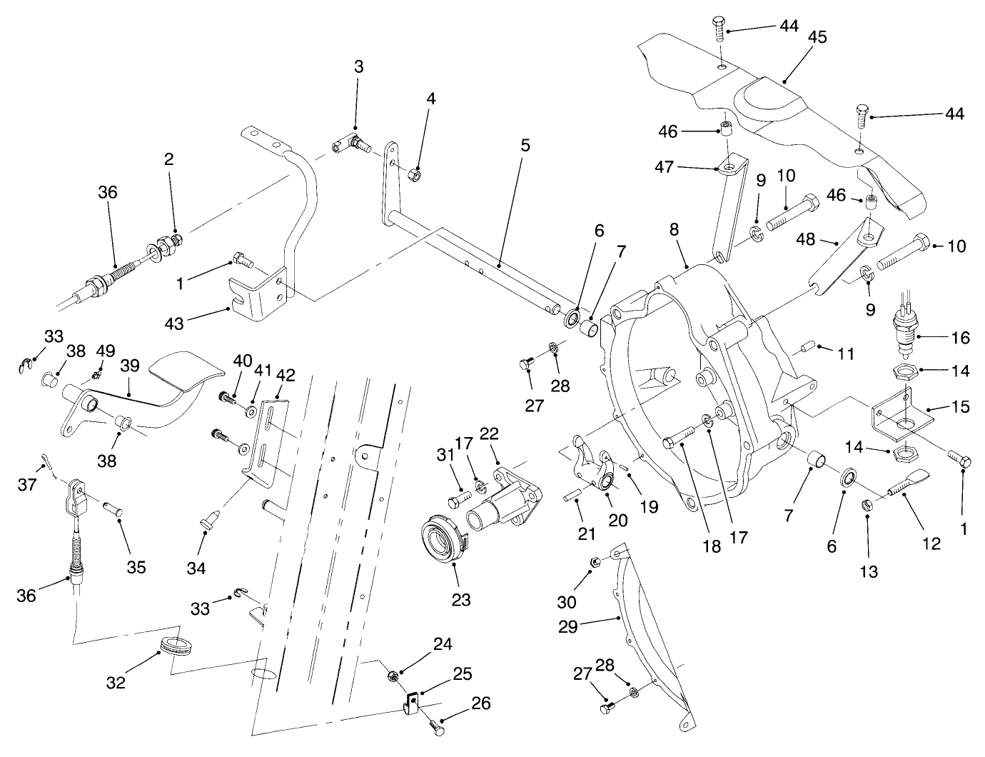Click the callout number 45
817,37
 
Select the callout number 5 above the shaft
525,146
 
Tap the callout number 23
461,599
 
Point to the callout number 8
675,230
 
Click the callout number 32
116,682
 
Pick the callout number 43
174,323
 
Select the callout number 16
961,337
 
